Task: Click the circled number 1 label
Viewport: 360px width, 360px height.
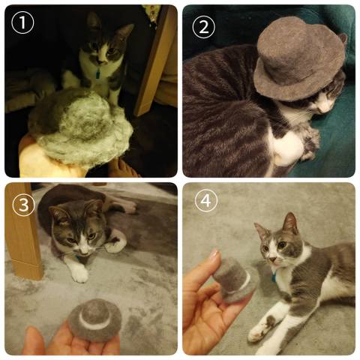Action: coord(22,22)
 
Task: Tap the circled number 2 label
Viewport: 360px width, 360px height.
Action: coord(203,27)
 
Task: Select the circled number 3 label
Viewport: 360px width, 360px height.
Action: coord(24,205)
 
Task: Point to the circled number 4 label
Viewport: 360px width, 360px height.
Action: coord(206,201)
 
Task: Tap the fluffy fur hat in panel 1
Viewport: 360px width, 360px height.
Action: coord(80,127)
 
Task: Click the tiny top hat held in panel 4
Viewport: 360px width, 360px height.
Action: coord(235,280)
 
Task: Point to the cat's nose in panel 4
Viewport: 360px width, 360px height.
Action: coord(273,259)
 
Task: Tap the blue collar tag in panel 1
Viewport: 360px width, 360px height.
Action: coord(97,74)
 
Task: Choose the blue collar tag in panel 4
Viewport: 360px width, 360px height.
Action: coord(274,277)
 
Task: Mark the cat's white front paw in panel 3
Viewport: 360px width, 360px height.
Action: coord(79,273)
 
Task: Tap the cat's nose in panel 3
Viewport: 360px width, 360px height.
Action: coord(83,251)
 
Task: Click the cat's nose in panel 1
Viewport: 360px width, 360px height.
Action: coord(100,61)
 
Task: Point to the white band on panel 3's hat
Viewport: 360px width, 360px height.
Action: coord(94,322)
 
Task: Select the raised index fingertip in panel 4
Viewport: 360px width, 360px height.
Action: coord(214,254)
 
